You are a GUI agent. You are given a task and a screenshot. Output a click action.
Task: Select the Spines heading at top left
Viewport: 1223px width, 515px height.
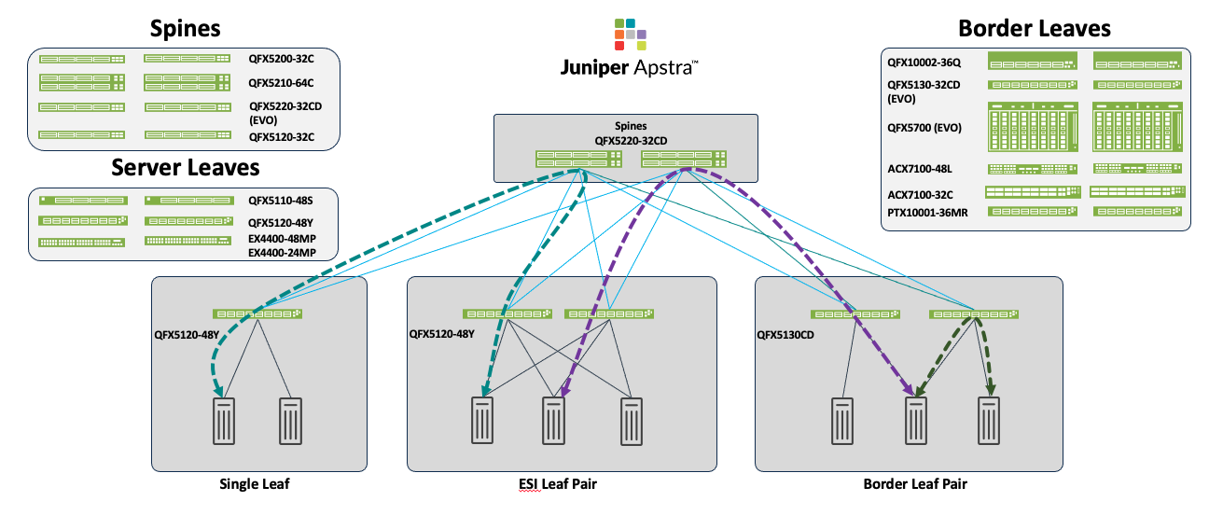(x=186, y=28)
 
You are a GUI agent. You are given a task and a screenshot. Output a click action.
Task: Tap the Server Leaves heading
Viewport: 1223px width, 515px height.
(x=186, y=167)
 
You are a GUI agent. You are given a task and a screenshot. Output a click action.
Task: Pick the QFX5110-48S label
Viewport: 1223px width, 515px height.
(x=281, y=200)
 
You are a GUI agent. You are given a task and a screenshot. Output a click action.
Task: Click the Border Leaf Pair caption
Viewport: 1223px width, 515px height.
(x=909, y=483)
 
